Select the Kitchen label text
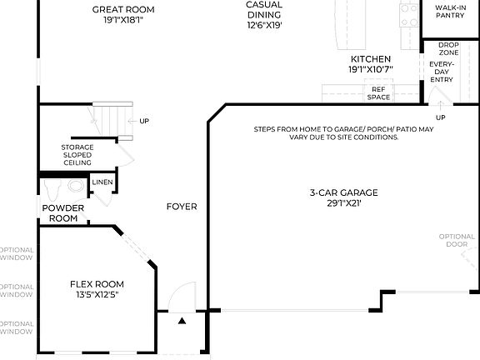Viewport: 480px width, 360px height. (x=370, y=59)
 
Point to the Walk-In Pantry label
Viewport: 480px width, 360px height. (x=450, y=10)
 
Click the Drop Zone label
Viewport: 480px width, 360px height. (x=448, y=48)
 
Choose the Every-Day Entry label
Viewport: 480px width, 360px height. (x=442, y=71)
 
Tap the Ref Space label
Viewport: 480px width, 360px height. (x=379, y=93)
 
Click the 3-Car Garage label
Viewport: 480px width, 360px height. (x=343, y=192)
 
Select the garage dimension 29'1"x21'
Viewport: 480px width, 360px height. (x=343, y=203)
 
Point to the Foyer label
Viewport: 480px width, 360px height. (x=182, y=207)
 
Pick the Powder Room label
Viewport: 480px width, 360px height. (x=63, y=213)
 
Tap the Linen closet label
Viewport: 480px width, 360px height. (x=102, y=182)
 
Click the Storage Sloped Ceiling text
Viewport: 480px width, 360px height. (x=77, y=155)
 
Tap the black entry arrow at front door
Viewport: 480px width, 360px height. (x=182, y=319)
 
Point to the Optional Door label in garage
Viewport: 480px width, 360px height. (x=457, y=241)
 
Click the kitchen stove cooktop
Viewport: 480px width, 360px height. (x=408, y=13)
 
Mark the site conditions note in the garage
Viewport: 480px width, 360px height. (x=343, y=133)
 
